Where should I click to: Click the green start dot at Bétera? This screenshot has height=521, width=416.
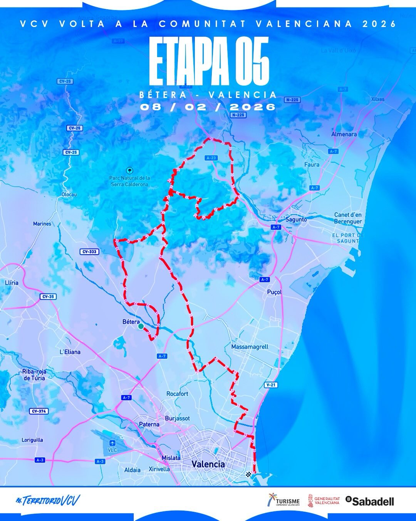tap(141, 326)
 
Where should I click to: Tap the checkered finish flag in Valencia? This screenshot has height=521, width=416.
tap(248, 474)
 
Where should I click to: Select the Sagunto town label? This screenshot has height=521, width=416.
tap(296, 219)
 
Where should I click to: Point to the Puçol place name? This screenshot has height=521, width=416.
tap(274, 292)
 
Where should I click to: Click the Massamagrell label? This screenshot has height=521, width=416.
tap(250, 347)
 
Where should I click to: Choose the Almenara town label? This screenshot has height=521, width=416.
tap(344, 134)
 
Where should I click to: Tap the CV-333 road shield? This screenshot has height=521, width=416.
tap(90, 252)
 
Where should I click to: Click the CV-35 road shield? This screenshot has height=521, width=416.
tap(47, 297)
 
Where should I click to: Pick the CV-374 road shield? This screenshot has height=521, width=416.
tap(39, 411)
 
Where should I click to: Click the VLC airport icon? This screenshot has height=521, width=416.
tap(112, 443)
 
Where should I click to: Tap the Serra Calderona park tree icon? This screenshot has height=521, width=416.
tap(130, 170)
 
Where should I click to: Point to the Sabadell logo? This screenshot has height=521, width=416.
tap(370, 501)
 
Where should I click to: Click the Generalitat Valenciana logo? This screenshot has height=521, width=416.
tap(323, 501)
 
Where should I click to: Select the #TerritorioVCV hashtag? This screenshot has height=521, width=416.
tap(48, 501)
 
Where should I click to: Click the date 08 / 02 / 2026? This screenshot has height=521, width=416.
tap(208, 107)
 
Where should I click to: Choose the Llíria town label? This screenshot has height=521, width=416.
tap(12, 282)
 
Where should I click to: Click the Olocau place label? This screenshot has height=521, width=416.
tap(69, 195)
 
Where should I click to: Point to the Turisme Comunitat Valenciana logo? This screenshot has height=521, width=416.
tap(283, 501)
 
